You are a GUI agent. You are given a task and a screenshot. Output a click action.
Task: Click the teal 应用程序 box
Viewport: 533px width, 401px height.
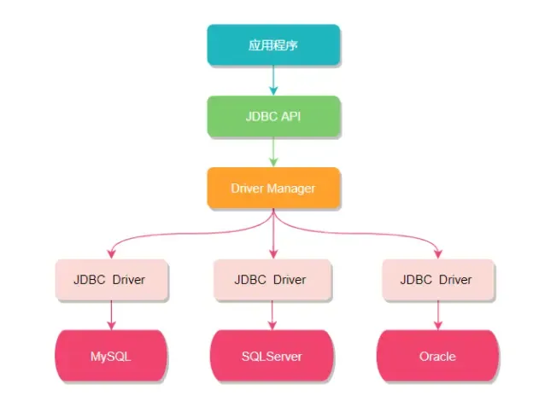pyautogui.click(x=273, y=44)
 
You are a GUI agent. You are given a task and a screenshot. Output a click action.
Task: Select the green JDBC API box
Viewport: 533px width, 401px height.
pyautogui.click(x=273, y=116)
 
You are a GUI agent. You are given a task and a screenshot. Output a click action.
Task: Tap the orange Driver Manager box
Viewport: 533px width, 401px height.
pyautogui.click(x=273, y=188)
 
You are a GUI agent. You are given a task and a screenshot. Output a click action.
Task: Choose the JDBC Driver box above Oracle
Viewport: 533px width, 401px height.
pyautogui.click(x=436, y=280)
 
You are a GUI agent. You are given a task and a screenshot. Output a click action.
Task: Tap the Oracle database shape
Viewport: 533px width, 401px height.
pyautogui.click(x=436, y=355)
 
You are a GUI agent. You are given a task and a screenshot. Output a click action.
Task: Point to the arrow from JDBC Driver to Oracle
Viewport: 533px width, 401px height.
pyautogui.click(x=436, y=315)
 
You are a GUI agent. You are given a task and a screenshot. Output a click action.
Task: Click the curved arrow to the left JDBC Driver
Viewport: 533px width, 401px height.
pyautogui.click(x=171, y=231)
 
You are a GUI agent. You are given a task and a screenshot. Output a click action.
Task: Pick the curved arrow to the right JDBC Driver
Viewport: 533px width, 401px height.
pyautogui.click(x=376, y=231)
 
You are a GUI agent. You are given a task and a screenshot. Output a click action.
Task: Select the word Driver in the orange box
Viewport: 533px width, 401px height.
pyautogui.click(x=247, y=188)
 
